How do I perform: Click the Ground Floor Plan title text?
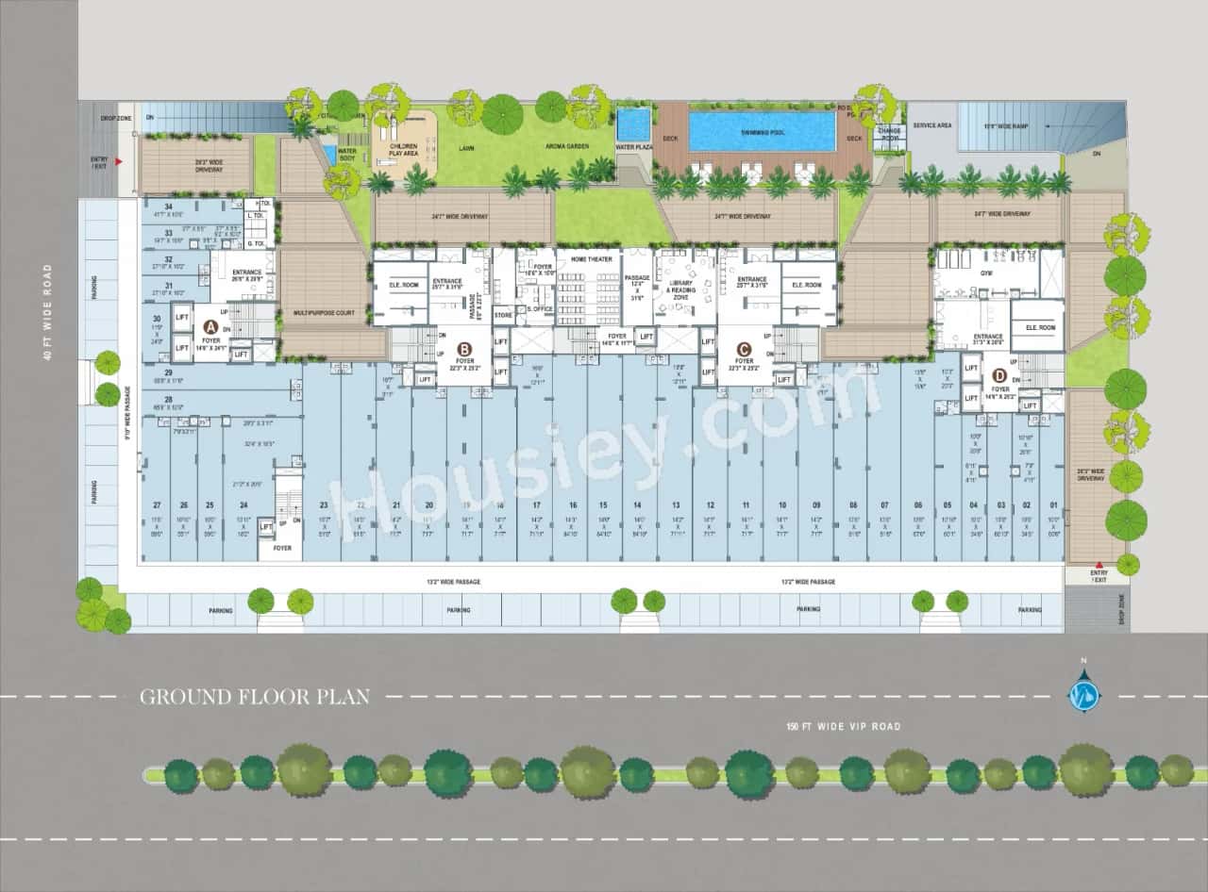pyautogui.click(x=255, y=697)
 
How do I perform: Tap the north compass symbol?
pyautogui.click(x=1083, y=695)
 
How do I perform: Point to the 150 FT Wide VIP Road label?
pyautogui.click(x=844, y=726)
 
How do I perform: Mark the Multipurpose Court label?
pyautogui.click(x=325, y=312)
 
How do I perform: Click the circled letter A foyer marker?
pyautogui.click(x=210, y=325)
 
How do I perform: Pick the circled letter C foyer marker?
pyautogui.click(x=744, y=346)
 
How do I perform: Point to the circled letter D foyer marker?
pyautogui.click(x=999, y=375)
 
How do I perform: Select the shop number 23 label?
pyautogui.click(x=323, y=505)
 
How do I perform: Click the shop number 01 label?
pyautogui.click(x=1053, y=505)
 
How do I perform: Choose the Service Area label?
pyautogui.click(x=931, y=125)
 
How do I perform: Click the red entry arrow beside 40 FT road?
pyautogui.click(x=118, y=162)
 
